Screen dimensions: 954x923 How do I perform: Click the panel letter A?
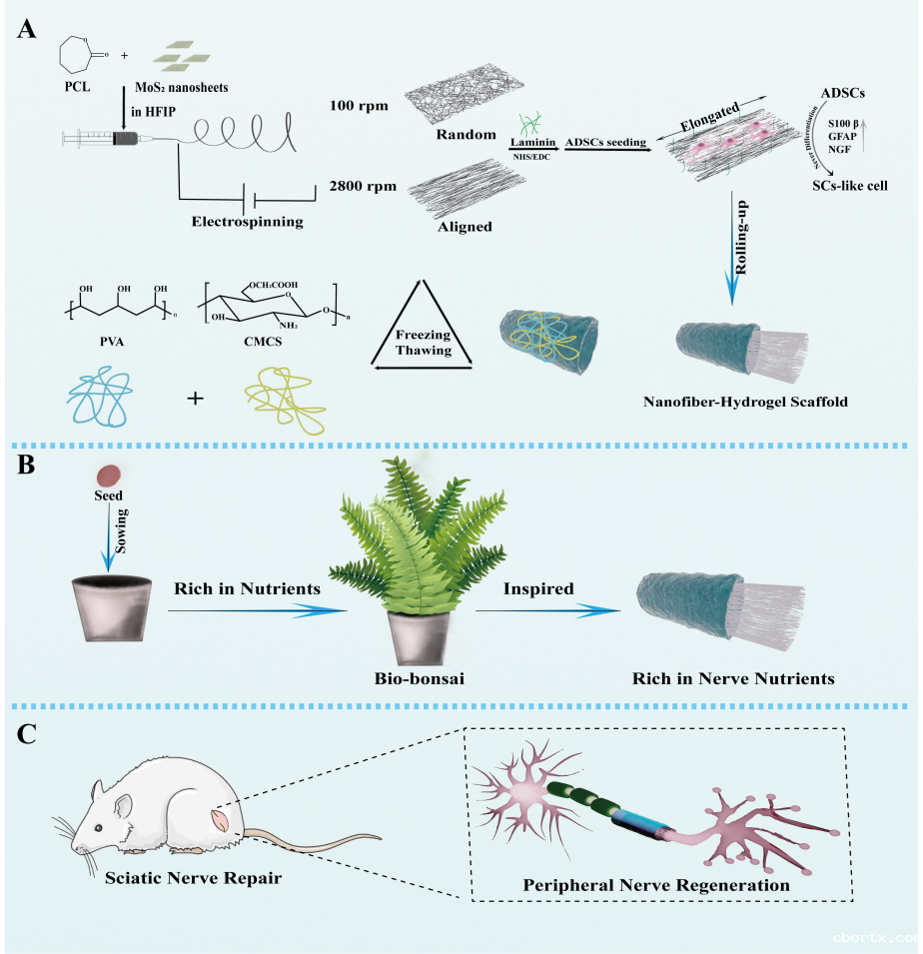click(27, 29)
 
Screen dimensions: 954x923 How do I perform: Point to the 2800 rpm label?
click(357, 187)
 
